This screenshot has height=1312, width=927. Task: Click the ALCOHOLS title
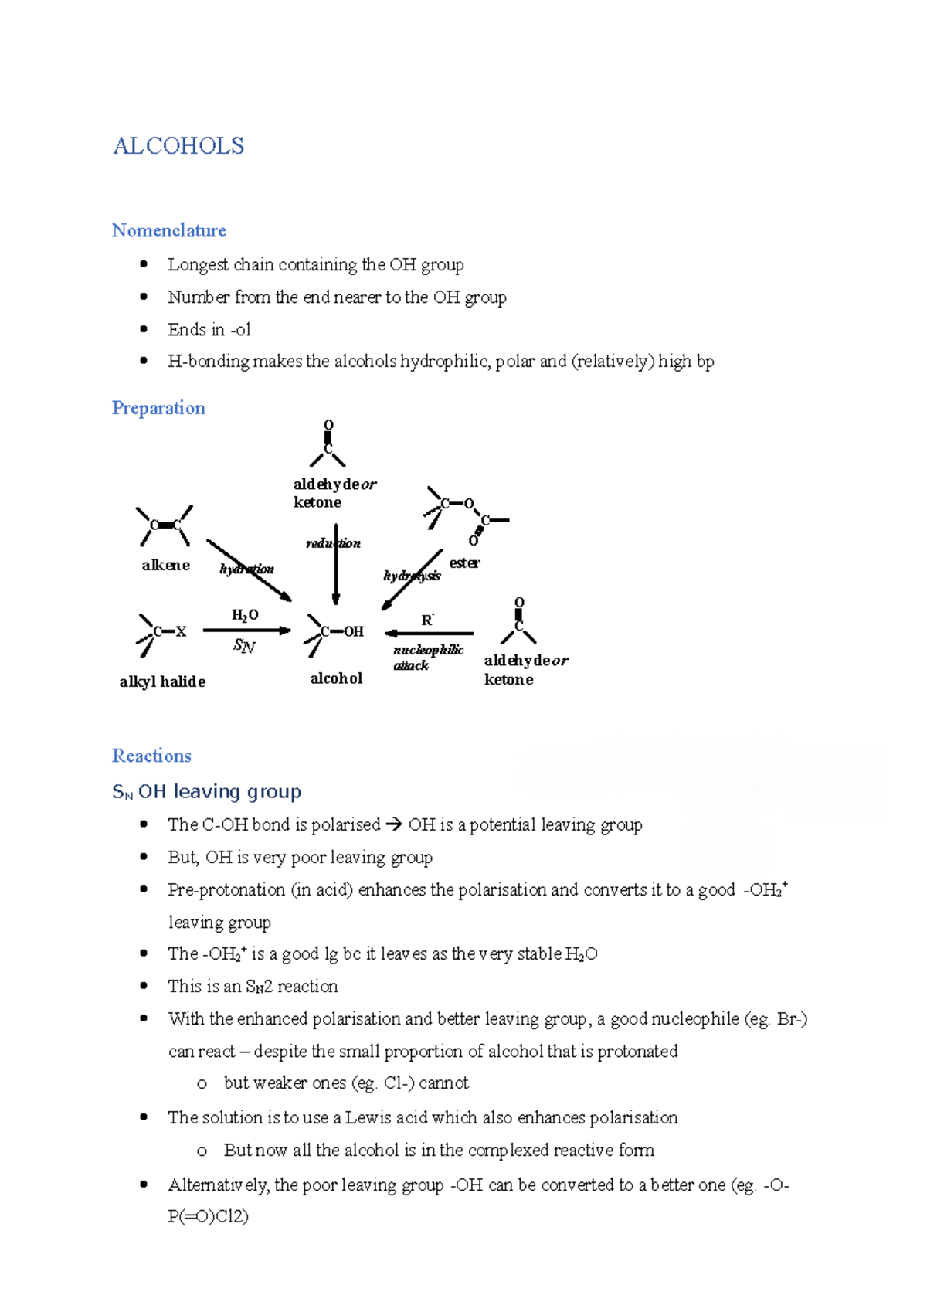[x=178, y=146]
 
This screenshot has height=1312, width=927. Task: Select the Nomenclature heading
[x=168, y=230]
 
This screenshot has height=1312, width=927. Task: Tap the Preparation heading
[x=158, y=408]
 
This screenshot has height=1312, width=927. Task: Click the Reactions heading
[x=151, y=756]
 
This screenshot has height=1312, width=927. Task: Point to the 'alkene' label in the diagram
[x=165, y=565]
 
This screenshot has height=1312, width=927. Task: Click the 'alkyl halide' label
[x=162, y=681]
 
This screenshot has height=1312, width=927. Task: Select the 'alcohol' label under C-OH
[x=336, y=678]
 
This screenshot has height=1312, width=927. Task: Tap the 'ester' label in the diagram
[x=464, y=563]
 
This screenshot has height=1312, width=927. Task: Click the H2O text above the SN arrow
[x=245, y=615]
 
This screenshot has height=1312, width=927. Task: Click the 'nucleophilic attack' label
[x=427, y=658]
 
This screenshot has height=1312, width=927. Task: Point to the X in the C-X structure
[x=181, y=631]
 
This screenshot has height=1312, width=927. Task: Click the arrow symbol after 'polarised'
[x=393, y=825]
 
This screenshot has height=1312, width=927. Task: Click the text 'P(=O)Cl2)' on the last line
[x=208, y=1217]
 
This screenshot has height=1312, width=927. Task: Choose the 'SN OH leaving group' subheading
[x=206, y=792]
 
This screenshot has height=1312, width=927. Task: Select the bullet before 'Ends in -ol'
[x=144, y=329]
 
